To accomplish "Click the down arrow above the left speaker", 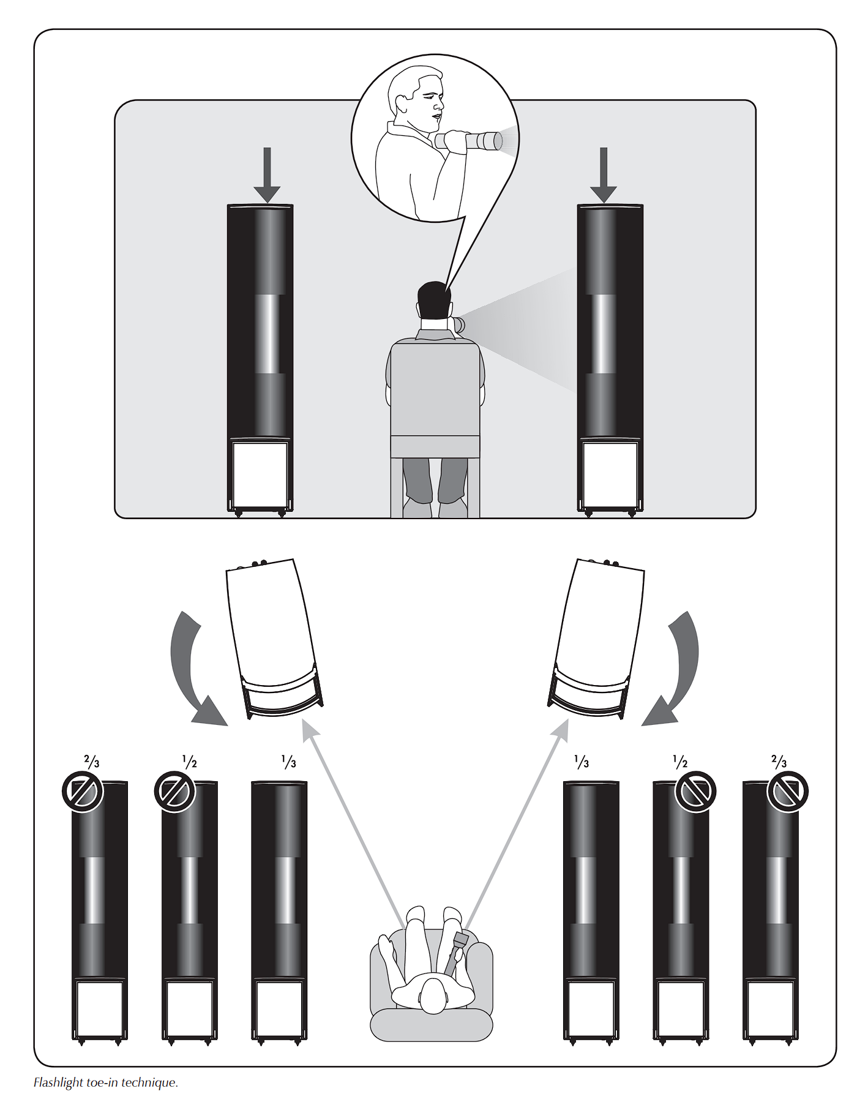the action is pos(266,175).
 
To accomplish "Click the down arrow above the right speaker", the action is pos(604,175).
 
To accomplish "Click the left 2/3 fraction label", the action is pos(92,762).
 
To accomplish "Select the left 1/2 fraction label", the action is pos(190,762).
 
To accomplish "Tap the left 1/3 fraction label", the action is pos(289,762).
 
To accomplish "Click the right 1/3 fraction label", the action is pos(582,762).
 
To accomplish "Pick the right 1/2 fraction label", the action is pos(680,762).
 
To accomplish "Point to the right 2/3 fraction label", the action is pos(779,762).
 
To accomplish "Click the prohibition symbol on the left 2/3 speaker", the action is pos(83,792).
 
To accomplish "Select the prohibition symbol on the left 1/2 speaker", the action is pos(174,792).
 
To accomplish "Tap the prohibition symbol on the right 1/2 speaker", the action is pos(695,792).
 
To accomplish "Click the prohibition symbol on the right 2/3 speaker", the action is pos(788,792).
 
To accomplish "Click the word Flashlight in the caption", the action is pos(58,1082).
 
